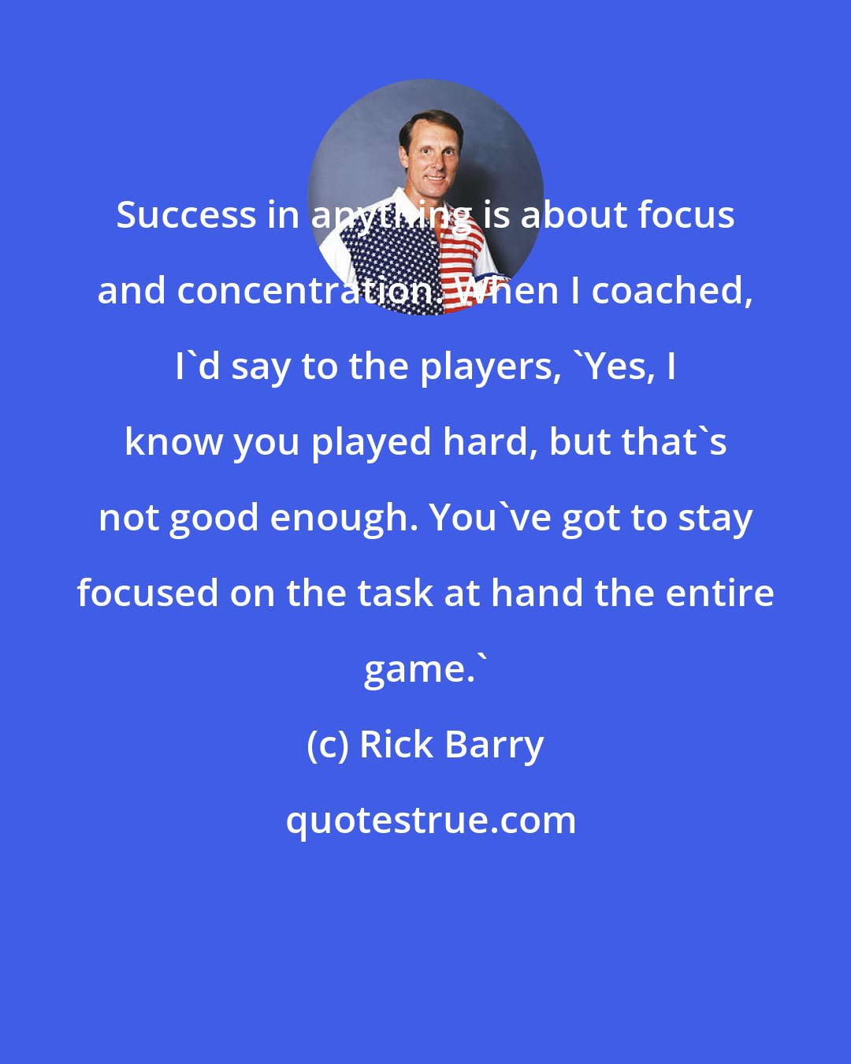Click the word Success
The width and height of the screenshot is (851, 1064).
(186, 215)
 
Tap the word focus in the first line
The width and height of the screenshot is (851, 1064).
(686, 215)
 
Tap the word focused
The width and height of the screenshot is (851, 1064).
(147, 593)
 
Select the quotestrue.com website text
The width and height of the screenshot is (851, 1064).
(431, 821)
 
